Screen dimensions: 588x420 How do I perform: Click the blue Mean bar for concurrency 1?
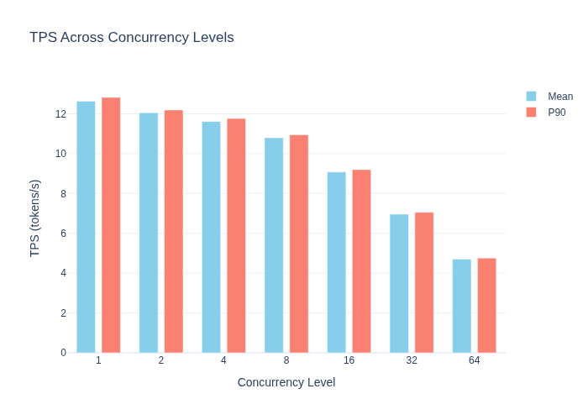(x=86, y=227)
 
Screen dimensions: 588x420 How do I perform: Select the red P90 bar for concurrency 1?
(x=111, y=225)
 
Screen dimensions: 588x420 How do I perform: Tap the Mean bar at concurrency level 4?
(x=211, y=237)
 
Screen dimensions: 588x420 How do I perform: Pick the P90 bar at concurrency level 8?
(x=299, y=244)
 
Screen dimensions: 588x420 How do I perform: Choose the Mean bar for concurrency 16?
(x=336, y=262)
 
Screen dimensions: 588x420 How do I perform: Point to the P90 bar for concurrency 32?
(x=424, y=282)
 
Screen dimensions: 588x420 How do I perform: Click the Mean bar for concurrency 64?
(x=462, y=306)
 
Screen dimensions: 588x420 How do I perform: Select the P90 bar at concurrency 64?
(x=486, y=305)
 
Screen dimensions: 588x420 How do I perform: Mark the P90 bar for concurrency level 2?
(x=174, y=231)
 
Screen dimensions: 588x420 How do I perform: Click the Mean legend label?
(x=560, y=97)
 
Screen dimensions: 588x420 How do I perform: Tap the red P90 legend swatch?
(x=531, y=112)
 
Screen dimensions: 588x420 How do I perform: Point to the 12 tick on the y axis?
(x=60, y=114)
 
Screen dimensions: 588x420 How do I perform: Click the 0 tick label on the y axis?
(x=63, y=353)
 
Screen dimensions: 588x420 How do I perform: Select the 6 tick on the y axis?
(x=63, y=234)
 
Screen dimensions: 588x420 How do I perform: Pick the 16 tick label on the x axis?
(x=349, y=360)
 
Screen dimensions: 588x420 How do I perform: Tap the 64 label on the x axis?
(x=474, y=360)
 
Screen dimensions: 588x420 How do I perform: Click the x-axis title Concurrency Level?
(x=286, y=382)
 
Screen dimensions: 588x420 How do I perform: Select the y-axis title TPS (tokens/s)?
(x=34, y=218)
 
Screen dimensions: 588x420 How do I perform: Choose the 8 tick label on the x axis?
(x=286, y=360)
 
